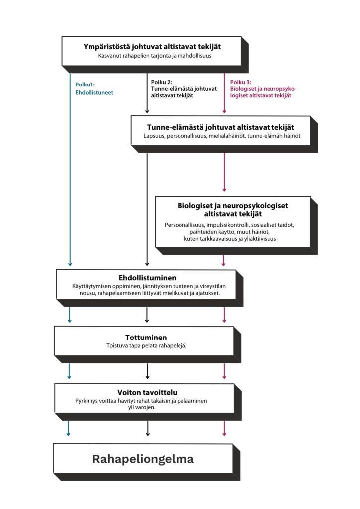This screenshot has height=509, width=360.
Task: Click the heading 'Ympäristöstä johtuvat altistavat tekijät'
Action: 152,47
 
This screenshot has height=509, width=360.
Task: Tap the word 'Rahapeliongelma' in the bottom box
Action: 143,459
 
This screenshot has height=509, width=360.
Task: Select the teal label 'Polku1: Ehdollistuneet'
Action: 94,88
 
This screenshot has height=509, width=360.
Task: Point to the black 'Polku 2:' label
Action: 161,82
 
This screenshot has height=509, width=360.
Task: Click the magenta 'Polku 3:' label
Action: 241,82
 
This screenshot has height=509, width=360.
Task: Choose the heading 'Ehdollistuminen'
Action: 147,278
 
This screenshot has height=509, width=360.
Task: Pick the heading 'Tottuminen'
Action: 146,338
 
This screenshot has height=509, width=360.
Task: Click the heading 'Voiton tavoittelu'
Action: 147,392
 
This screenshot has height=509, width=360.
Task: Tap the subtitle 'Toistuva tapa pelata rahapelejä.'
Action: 146,346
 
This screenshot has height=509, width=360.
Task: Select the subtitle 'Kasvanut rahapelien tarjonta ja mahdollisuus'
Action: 155,56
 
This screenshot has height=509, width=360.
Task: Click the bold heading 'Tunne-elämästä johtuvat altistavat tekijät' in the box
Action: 221,127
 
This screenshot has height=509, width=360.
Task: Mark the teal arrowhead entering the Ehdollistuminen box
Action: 70,264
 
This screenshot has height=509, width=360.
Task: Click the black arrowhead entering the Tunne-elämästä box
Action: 147,111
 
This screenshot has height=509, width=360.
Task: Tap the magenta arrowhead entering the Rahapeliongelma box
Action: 224,433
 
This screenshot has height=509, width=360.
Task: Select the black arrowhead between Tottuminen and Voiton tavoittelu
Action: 147,377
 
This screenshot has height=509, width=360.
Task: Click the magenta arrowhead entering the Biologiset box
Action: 224,189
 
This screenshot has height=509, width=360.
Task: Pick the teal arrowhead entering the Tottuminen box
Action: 69,321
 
